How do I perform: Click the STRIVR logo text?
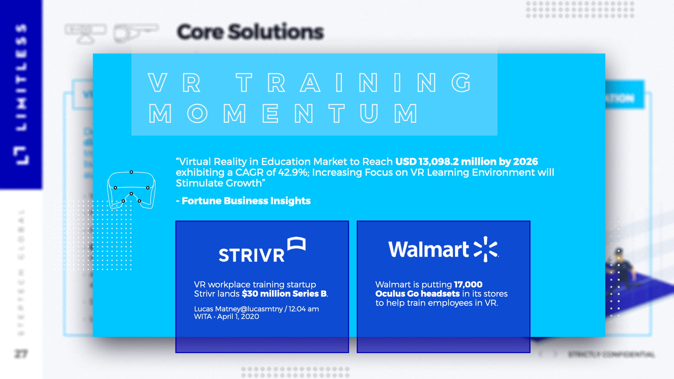[x=251, y=255]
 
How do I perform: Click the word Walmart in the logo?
[x=428, y=250]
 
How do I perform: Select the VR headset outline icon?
[x=131, y=190]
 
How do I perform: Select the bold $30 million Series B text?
[x=284, y=294]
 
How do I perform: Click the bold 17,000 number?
[x=468, y=285]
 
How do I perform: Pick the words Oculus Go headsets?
[x=417, y=294]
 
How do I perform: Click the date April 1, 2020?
[x=238, y=317]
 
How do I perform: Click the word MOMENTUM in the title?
[x=283, y=114]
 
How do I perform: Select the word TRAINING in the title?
[x=353, y=83]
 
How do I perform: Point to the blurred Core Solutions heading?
[x=250, y=32]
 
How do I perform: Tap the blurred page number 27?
[x=21, y=354]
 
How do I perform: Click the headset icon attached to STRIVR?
[x=296, y=244]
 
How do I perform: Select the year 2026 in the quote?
[x=525, y=161]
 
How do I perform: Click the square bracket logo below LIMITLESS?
[x=21, y=155]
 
